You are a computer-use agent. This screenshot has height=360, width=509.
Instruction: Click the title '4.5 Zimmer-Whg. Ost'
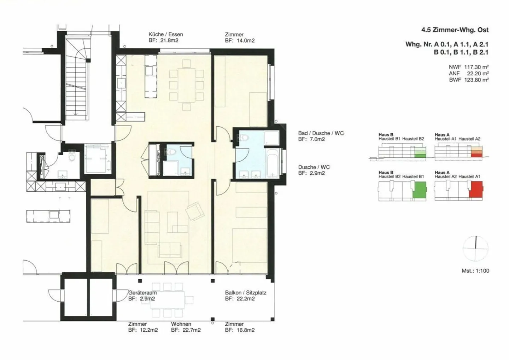455,30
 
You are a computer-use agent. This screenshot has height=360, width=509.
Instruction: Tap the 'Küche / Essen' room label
165,34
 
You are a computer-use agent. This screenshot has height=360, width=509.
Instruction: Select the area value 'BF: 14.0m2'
240,41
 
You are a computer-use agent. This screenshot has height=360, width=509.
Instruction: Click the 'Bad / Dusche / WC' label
321,133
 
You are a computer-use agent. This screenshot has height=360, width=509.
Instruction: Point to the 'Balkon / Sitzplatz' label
246,293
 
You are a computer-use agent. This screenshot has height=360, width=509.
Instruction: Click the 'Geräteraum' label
142,293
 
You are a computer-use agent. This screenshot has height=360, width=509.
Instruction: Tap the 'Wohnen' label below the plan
181,324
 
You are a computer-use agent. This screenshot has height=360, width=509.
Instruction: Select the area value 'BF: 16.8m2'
240,330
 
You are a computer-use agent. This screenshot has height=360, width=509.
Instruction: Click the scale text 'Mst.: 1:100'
475,271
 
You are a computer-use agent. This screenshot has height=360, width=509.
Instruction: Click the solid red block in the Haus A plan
476,189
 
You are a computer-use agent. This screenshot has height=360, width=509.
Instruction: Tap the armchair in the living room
195,211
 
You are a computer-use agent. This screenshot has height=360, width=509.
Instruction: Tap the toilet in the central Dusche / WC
171,152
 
